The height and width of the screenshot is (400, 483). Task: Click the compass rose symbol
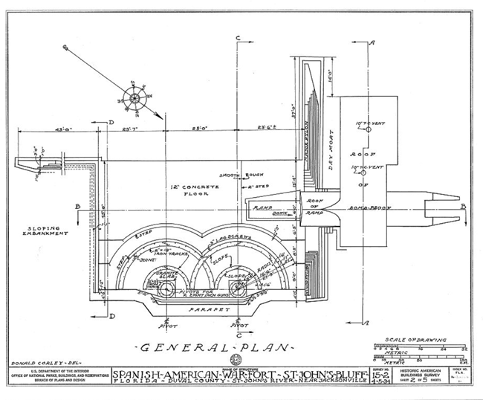pyautogui.click(x=134, y=97)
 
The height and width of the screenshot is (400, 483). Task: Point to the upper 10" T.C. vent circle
pyautogui.click(x=366, y=129)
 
